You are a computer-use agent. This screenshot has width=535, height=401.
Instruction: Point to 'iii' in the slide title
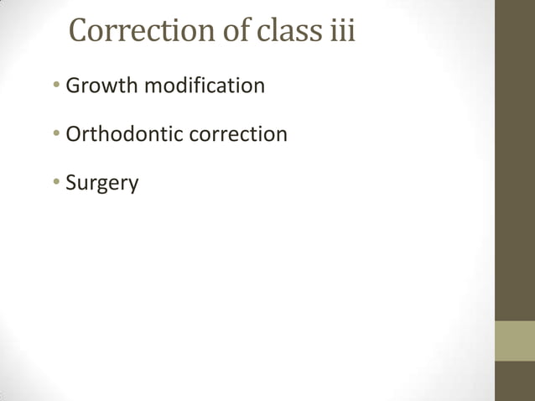[x=339, y=31]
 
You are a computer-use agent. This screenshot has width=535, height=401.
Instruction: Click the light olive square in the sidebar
[x=515, y=341]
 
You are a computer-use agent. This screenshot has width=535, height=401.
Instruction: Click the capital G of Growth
[x=72, y=86]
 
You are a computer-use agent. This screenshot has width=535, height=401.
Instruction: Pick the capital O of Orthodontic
[x=73, y=134]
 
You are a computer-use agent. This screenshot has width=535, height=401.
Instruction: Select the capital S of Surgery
[x=70, y=182]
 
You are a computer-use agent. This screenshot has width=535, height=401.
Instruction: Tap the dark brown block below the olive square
[x=515, y=381]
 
